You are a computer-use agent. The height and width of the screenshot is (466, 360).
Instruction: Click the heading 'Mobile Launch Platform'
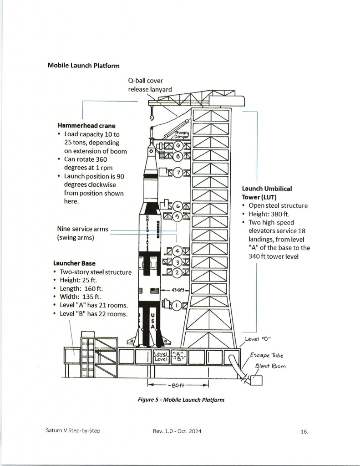(x=84, y=66)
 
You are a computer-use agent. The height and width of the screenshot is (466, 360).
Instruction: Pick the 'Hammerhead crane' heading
(x=86, y=125)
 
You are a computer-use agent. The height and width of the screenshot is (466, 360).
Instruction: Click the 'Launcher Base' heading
(x=74, y=263)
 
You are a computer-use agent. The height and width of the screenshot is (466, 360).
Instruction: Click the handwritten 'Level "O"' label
(x=258, y=339)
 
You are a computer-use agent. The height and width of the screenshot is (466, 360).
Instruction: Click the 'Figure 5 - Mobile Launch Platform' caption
(x=181, y=400)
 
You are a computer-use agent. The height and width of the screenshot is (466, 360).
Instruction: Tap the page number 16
(x=304, y=431)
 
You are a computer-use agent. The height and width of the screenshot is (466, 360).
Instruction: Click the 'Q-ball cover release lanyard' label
(x=150, y=85)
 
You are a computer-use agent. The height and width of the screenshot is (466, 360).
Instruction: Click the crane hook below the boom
(x=152, y=118)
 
